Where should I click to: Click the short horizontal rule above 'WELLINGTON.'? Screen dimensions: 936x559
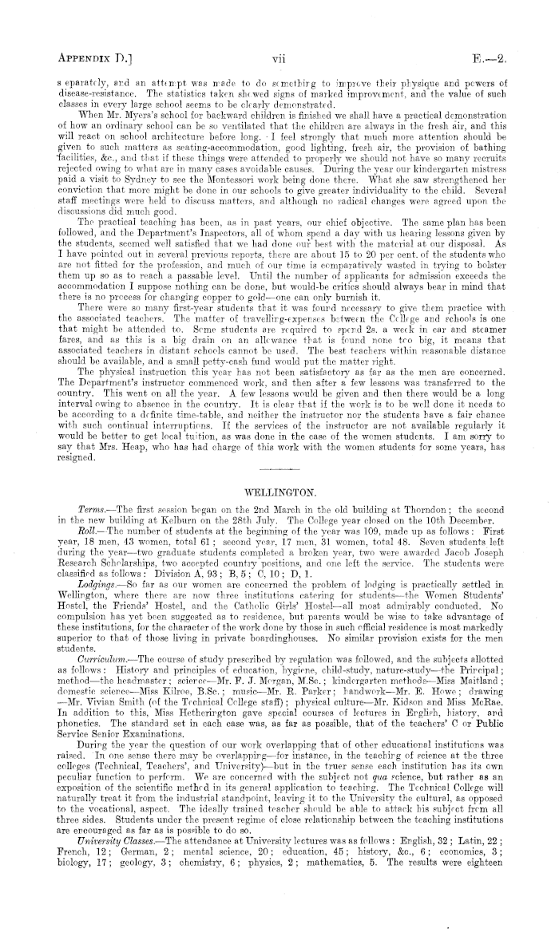coord(279,489)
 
